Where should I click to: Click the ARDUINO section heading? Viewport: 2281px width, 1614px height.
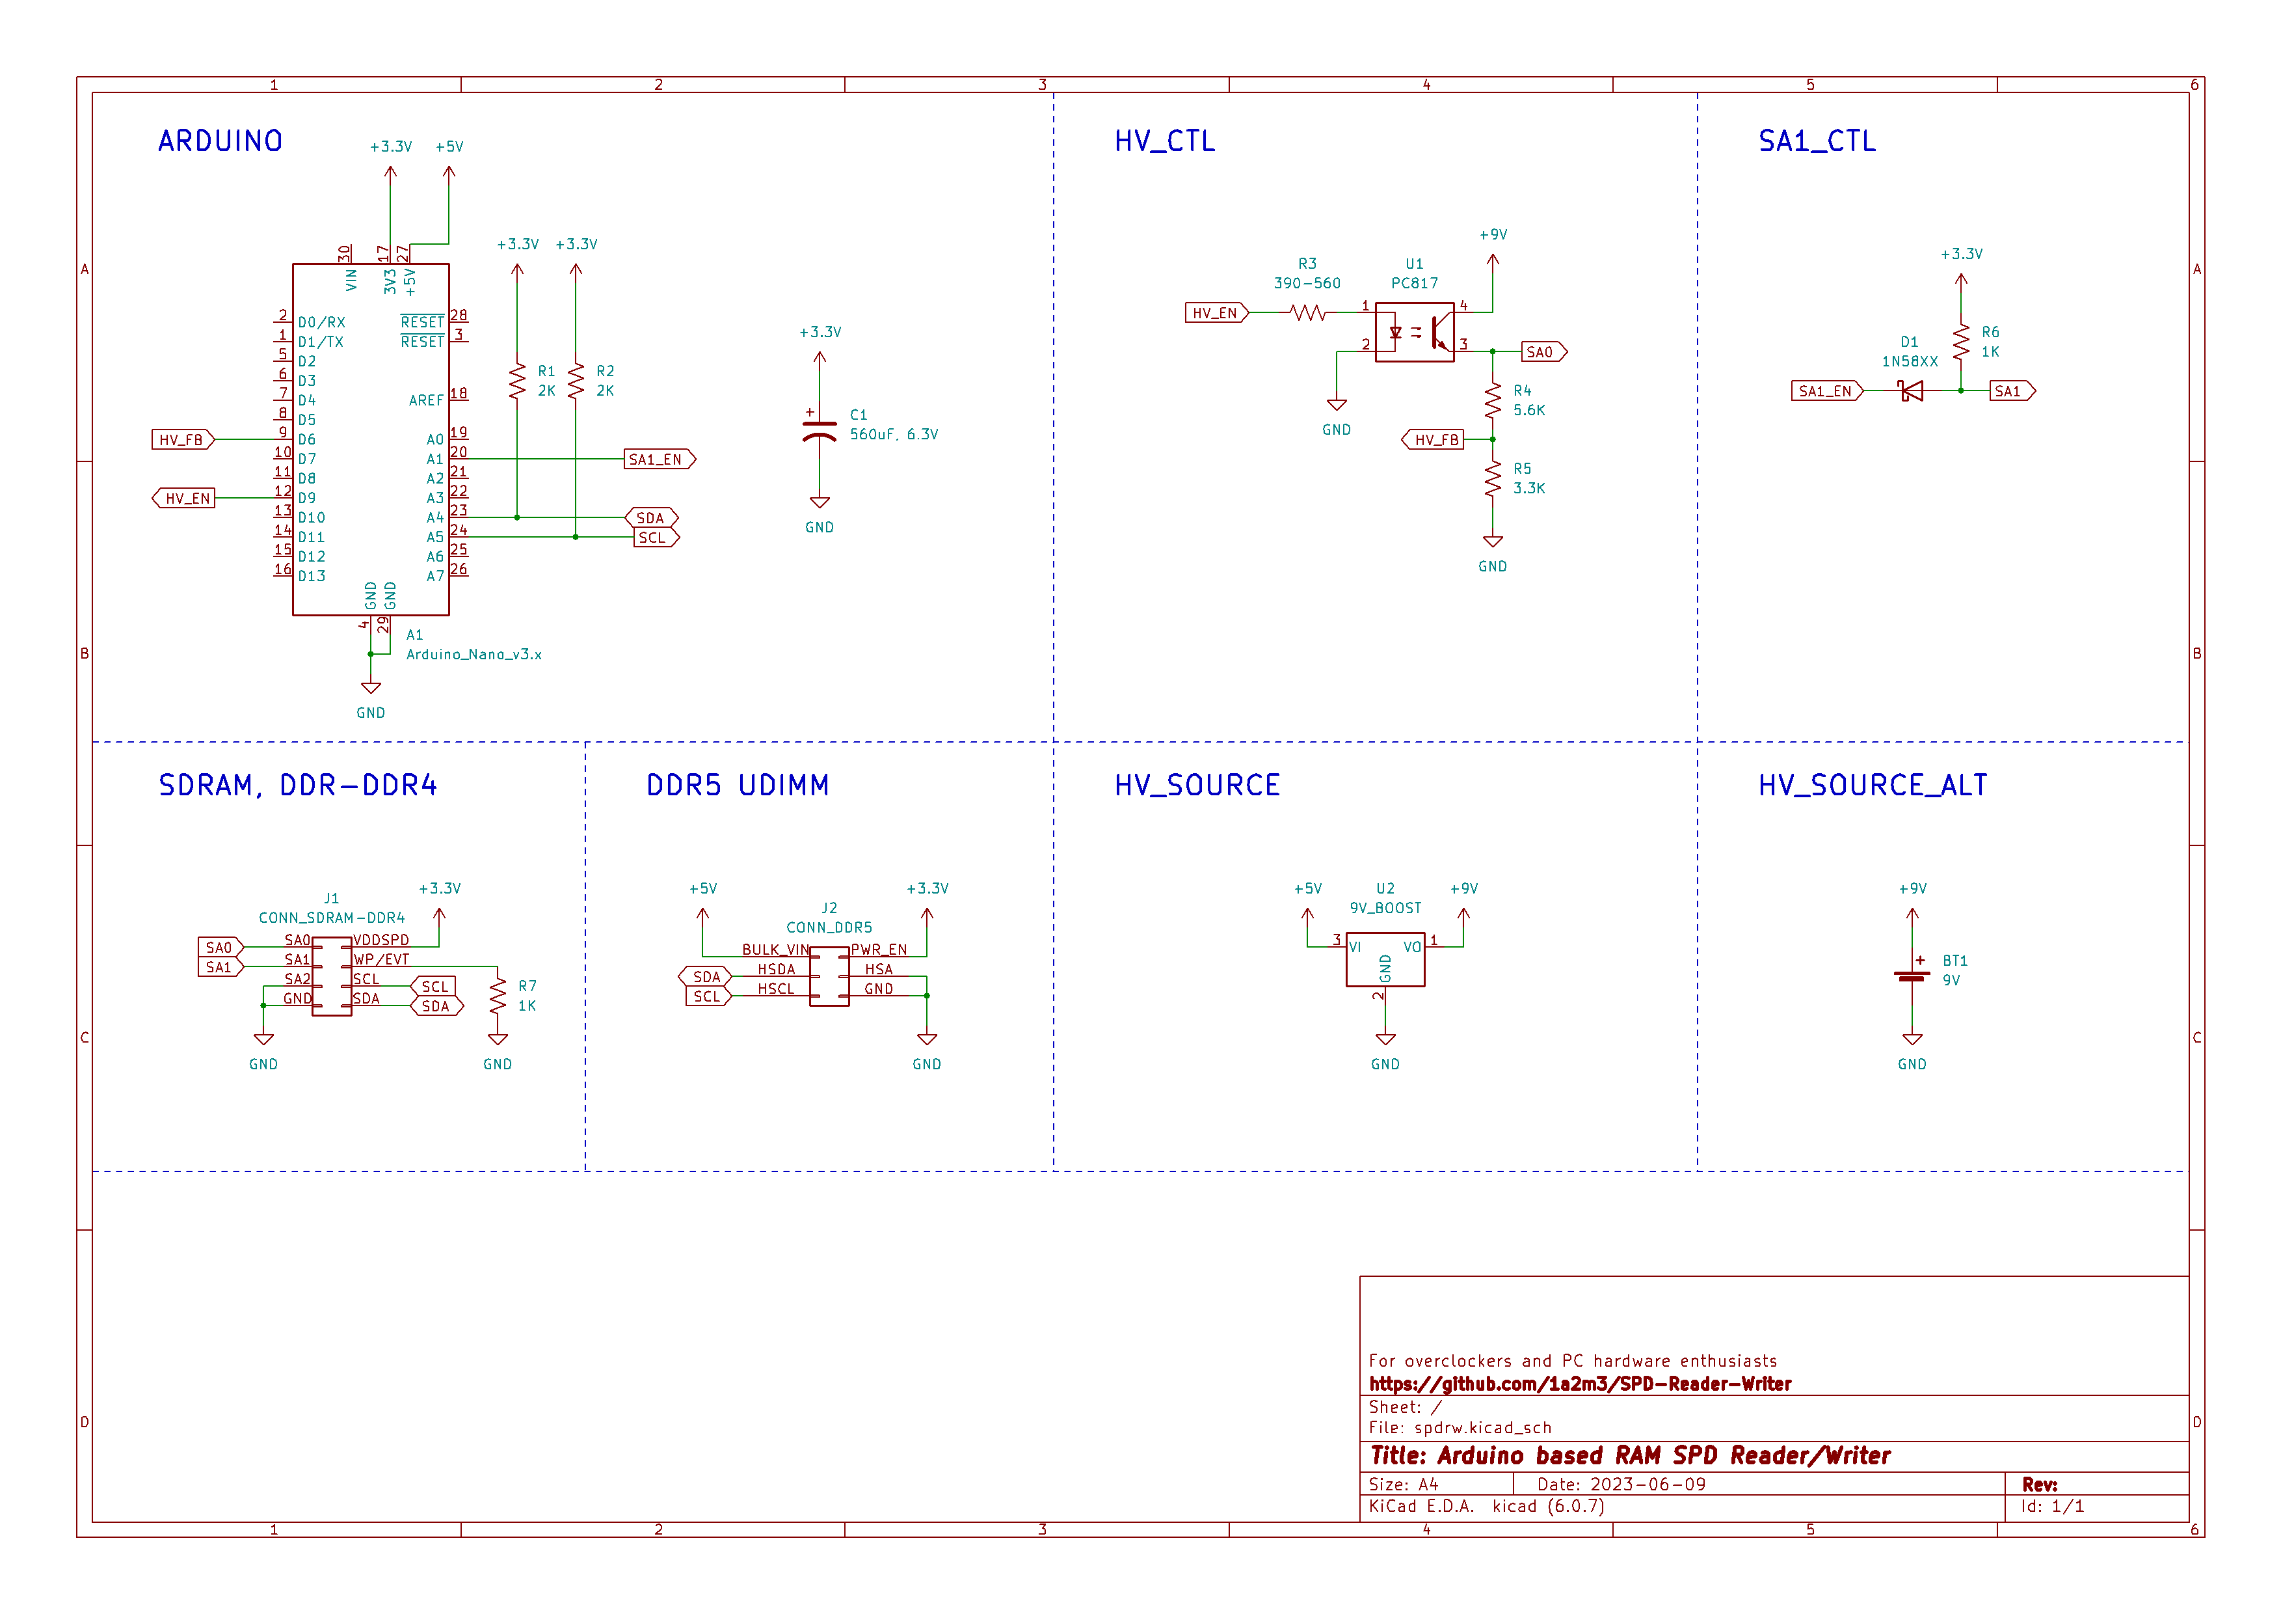[220, 141]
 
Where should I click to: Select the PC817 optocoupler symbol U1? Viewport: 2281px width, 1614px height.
[1415, 332]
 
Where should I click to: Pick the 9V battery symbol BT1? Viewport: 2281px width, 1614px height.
[1912, 974]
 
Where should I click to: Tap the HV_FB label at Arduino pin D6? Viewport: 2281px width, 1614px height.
[183, 439]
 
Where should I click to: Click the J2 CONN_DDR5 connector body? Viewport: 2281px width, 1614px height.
[829, 976]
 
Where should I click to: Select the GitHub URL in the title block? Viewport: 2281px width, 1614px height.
[1580, 1384]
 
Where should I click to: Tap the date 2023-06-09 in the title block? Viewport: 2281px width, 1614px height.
[1648, 1484]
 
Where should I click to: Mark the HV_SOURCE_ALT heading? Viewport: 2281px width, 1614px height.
[1873, 785]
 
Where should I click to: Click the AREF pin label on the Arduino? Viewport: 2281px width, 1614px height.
[426, 400]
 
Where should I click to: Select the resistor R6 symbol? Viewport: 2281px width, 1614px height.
[1960, 342]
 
